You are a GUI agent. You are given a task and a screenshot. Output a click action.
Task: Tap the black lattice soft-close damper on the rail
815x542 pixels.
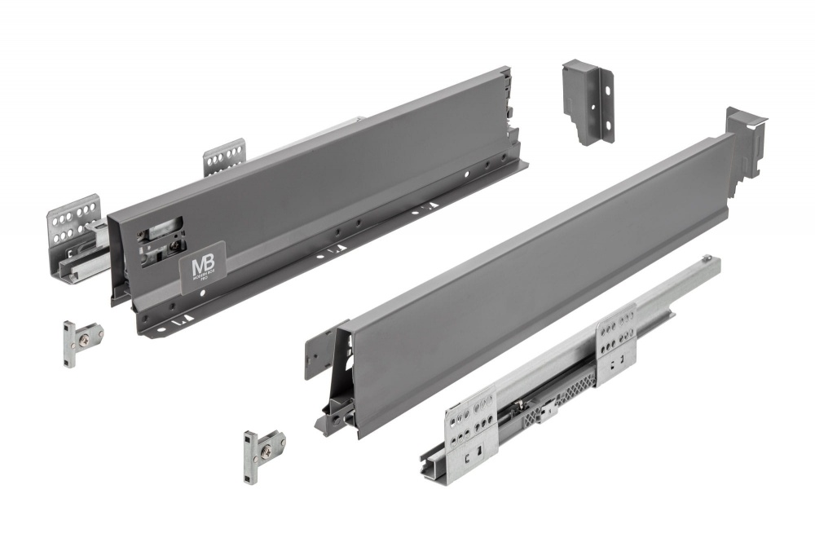[562, 399]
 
